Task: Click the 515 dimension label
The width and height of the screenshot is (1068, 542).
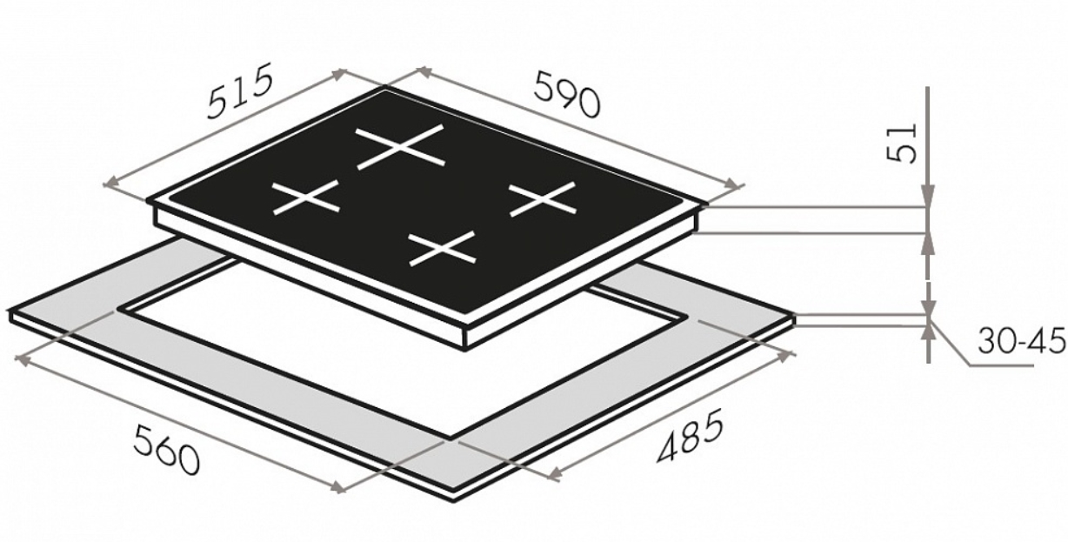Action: pos(241,90)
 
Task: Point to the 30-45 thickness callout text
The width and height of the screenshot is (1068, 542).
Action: pos(1021,340)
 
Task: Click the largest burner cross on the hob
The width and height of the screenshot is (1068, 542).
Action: pos(400,146)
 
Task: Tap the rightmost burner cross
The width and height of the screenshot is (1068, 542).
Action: pos(543,199)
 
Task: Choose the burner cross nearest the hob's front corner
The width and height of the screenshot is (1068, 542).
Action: pos(443,248)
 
